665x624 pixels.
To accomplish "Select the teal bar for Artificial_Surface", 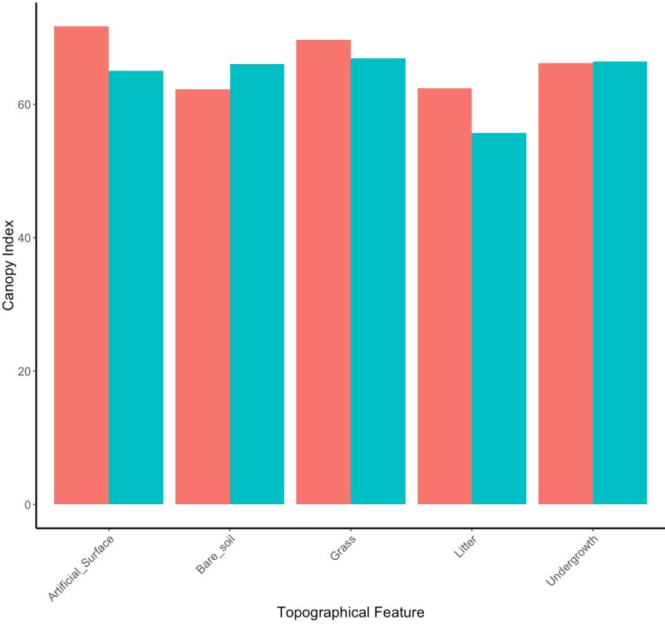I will pos(135,287).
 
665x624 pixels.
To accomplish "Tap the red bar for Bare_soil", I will pos(203,296).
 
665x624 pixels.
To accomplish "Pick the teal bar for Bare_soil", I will pos(257,284).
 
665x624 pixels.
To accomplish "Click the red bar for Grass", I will pos(323,271).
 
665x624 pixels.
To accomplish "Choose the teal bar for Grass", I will pos(377,281).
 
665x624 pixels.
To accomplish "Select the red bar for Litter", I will pos(444,295).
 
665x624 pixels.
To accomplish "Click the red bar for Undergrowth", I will pos(565,283).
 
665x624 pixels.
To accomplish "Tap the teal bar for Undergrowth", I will pos(619,282).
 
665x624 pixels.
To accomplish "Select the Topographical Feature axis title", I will pos(350,612).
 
